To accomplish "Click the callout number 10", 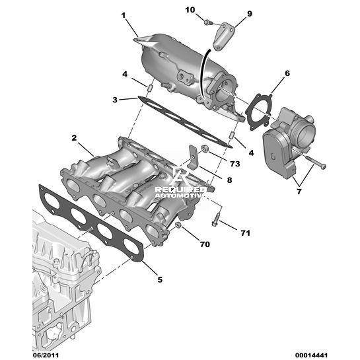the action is pos(190,10).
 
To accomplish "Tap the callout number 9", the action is pos(250,14).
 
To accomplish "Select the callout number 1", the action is pos(124,16).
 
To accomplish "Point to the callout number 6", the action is pos(287,73).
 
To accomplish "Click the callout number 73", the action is pos(235,164).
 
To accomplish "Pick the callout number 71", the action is pos(245,233).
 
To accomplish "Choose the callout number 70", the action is pos(205,244).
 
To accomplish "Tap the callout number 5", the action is pos(160,279).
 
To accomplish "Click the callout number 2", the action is pos(74,138).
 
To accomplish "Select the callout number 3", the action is pos(115,100).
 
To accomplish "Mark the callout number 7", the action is pos(299,192).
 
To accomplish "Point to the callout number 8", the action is pos(229,180).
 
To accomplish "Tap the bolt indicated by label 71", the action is pos(217,219).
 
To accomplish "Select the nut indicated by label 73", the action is pos(203,149).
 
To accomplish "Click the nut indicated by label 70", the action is pos(178,225).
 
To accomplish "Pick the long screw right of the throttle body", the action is pos(316,162).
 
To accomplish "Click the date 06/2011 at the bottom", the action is pos(46,355).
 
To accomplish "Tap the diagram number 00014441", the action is pos(311,355).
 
